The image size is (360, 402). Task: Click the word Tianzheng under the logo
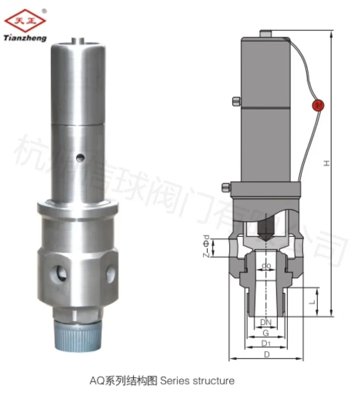(25, 38)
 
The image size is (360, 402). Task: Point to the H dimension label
(326, 163)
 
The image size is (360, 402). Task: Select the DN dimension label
(266, 323)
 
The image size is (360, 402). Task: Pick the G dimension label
(266, 333)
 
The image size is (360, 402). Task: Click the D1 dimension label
(266, 344)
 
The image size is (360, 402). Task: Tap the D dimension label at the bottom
(266, 355)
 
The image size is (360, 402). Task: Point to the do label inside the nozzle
(266, 266)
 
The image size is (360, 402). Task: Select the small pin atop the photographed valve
(78, 40)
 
